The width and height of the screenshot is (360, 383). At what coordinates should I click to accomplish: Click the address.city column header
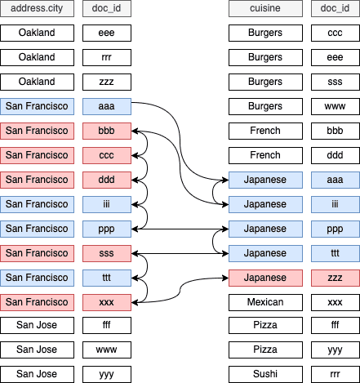[x=37, y=8]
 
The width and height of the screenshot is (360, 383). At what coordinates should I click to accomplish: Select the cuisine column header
[x=265, y=8]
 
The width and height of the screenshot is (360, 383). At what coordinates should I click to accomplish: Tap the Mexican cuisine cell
[x=265, y=302]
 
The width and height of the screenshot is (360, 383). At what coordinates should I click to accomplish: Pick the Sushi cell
[x=265, y=374]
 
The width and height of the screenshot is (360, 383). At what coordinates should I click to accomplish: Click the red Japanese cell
[x=265, y=278]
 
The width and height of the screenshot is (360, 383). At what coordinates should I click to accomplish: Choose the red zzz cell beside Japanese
[x=336, y=278]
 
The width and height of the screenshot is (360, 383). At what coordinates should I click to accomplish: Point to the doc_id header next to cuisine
[x=336, y=8]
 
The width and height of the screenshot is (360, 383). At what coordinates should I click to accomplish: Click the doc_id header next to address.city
[x=107, y=8]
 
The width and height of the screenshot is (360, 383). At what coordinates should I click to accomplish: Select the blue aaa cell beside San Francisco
[x=107, y=106]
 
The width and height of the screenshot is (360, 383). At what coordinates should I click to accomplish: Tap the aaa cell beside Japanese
[x=336, y=180]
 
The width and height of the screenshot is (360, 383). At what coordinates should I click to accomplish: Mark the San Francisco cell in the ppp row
[x=37, y=229]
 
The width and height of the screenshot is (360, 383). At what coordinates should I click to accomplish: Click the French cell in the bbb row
[x=265, y=131]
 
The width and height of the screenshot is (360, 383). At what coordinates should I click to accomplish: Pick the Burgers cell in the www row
[x=265, y=106]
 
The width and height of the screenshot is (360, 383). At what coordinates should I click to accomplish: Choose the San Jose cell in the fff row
[x=37, y=325]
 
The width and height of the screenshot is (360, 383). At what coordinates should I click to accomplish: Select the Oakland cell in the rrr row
[x=37, y=57]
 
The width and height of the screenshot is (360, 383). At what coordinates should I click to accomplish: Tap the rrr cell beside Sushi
[x=336, y=374]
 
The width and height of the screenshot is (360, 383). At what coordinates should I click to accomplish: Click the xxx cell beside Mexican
[x=336, y=302]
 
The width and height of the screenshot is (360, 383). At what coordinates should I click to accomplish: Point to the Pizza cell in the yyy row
[x=265, y=350]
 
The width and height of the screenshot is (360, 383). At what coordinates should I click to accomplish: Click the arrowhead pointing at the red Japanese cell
[x=226, y=278]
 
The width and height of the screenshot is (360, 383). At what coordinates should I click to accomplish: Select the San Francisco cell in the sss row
[x=37, y=253]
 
